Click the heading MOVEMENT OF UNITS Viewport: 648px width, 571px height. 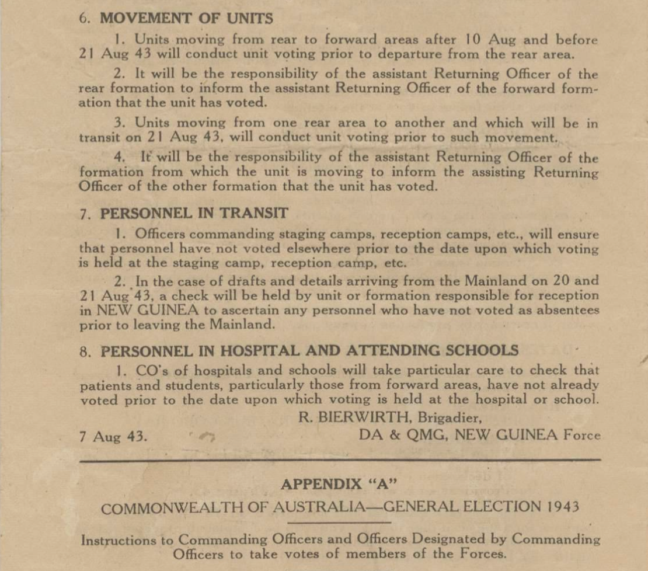pos(186,19)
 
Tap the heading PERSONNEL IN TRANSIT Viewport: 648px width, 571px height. pos(194,214)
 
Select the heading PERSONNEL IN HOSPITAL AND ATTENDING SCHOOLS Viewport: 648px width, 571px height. pos(309,351)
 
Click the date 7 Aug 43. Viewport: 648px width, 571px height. pos(113,436)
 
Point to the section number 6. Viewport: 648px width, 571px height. pos(83,19)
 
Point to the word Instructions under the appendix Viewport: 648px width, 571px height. pos(127,540)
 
